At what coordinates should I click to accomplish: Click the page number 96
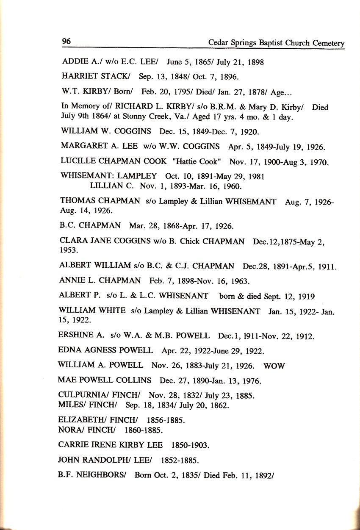66,41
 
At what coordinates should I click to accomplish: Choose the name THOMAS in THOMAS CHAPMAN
78,201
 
